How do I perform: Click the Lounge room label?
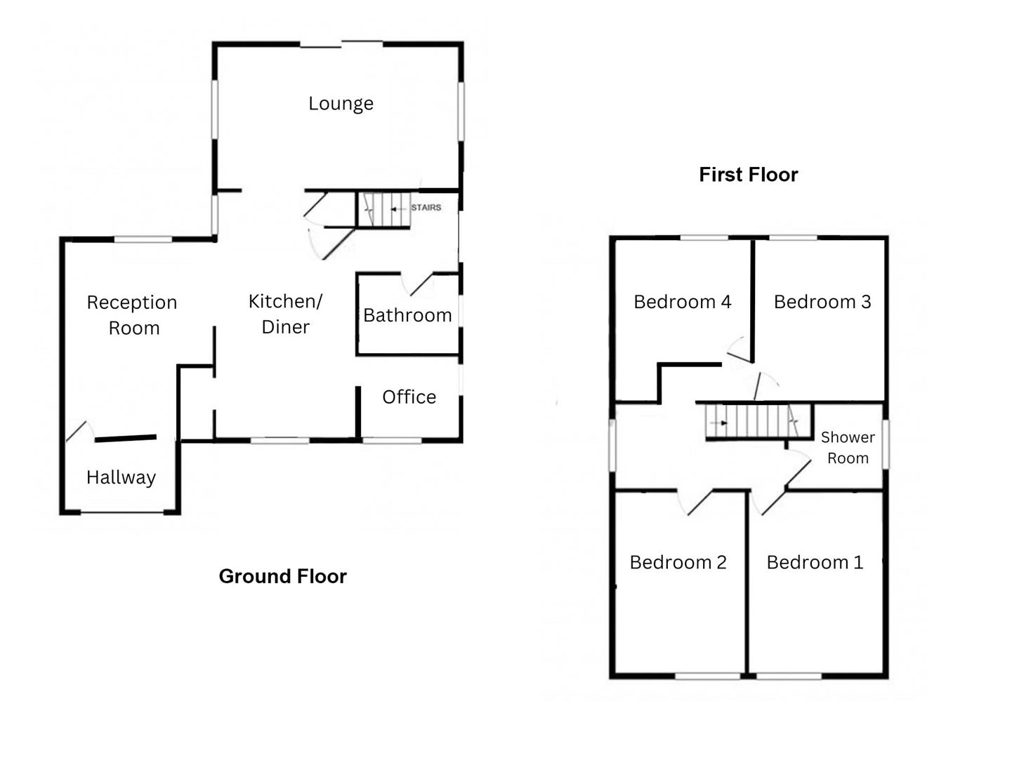(341, 104)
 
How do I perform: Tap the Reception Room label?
(132, 315)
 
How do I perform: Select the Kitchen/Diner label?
(285, 314)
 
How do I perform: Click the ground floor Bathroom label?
(407, 315)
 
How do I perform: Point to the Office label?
(409, 397)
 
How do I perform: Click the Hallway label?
(121, 477)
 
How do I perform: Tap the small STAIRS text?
(426, 208)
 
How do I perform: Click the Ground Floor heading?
(282, 576)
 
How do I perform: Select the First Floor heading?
(748, 175)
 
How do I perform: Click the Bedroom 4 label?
(682, 302)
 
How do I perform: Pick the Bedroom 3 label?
(822, 302)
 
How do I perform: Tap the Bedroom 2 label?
(678, 562)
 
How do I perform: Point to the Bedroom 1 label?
(815, 562)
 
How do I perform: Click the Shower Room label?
(848, 448)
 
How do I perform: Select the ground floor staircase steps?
(383, 210)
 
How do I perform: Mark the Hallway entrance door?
(79, 432)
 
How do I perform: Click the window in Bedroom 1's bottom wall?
(789, 677)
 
